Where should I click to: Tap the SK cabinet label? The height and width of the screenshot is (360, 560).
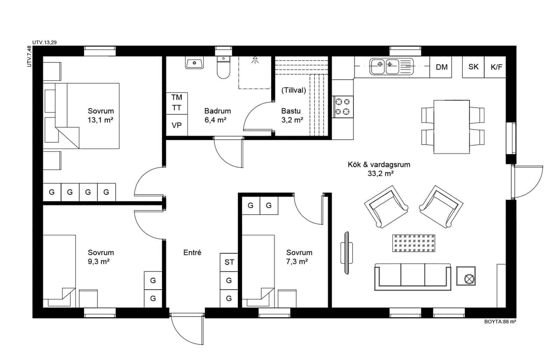tap(473, 67)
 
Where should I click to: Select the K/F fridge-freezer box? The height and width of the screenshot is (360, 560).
tap(496, 67)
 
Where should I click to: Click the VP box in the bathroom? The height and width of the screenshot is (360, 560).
tap(177, 125)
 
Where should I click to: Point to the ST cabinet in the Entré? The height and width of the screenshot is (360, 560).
tap(229, 262)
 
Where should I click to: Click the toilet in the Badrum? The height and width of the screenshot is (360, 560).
tap(223, 68)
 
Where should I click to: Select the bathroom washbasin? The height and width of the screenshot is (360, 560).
tap(195, 63)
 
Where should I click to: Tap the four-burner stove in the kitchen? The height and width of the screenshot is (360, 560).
tap(343, 107)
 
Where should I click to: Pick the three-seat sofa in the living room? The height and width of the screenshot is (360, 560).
tap(413, 277)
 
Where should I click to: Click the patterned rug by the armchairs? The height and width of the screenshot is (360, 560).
tap(414, 243)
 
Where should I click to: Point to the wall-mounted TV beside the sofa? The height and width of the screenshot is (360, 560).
tap(346, 252)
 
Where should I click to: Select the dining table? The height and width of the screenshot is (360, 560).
tap(451, 127)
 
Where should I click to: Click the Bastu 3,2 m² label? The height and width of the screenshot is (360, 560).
tap(292, 116)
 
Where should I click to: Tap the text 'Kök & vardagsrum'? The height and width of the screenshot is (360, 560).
tap(379, 165)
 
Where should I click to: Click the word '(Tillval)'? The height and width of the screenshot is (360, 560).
tap(294, 90)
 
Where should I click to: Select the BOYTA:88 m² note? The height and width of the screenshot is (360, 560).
tap(500, 322)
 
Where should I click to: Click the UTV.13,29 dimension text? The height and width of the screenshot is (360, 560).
tap(44, 42)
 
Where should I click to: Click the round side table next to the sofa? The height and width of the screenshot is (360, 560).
tap(466, 278)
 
